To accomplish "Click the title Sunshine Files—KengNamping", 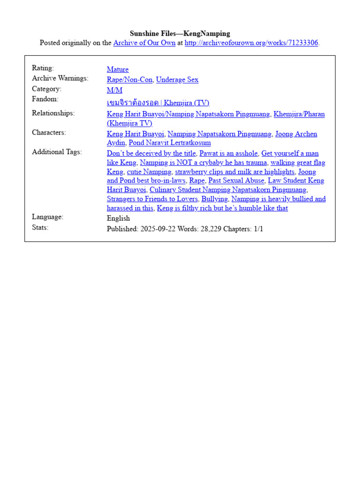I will [180, 33].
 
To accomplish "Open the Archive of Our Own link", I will [144, 43].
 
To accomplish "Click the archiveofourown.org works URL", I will [251, 43].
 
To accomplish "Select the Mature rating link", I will [118, 69].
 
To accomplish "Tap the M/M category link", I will [114, 90].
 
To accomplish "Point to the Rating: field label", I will [43, 68].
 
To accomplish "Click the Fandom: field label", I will [45, 99].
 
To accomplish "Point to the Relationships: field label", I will [53, 113].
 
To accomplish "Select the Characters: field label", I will [49, 133].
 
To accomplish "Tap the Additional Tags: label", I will [57, 152].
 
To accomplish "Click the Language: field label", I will [47, 217].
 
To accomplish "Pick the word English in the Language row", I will [119, 218].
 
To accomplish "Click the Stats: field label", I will [40, 228].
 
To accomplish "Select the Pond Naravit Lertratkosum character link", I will [170, 143].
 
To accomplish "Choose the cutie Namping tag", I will [149, 172].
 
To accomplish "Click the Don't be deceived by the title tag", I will [151, 153].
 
